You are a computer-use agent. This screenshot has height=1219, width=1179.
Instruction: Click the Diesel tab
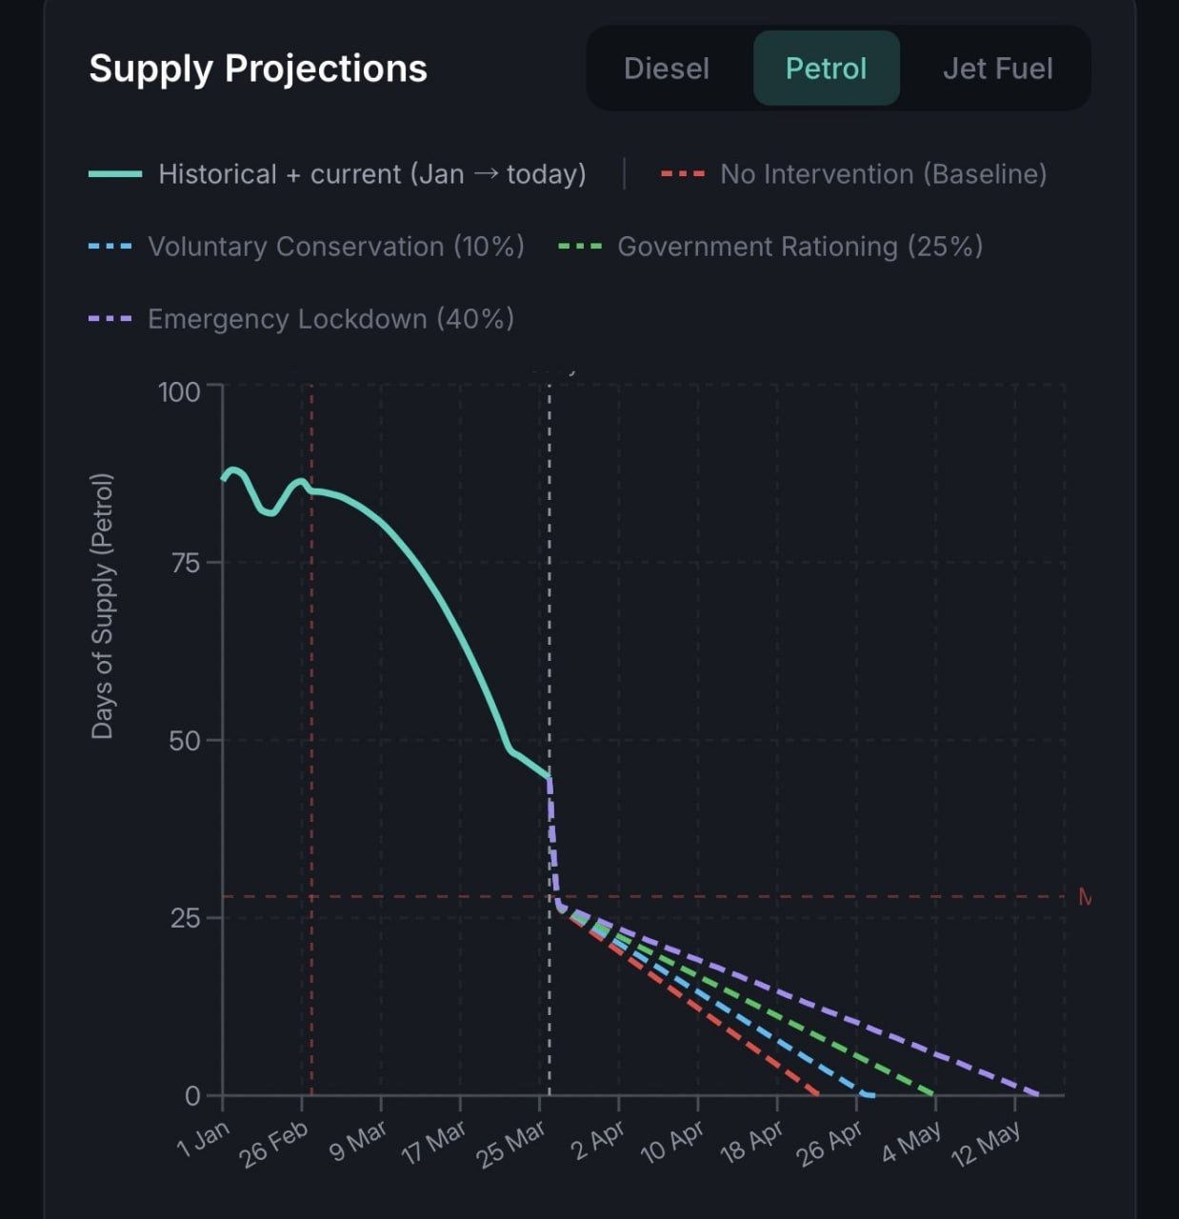(x=666, y=69)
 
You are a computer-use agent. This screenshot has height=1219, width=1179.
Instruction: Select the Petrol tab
(x=826, y=69)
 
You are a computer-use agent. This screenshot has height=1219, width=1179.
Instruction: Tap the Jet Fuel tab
(x=997, y=69)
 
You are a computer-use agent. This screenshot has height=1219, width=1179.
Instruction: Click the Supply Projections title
(x=258, y=69)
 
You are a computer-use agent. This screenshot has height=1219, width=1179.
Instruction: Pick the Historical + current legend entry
(x=371, y=174)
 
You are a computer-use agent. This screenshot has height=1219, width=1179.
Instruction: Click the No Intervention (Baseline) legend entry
(x=883, y=174)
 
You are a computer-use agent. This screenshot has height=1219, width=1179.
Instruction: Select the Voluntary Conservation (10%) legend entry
(x=335, y=247)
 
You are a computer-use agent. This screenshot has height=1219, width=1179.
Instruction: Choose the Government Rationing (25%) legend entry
(x=799, y=247)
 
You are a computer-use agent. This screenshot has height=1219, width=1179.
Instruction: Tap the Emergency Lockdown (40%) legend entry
(x=330, y=319)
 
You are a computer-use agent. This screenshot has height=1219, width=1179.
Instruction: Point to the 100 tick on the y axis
(x=179, y=391)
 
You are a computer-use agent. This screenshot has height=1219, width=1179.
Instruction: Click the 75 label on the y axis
(x=185, y=563)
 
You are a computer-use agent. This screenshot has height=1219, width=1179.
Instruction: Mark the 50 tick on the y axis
(x=185, y=740)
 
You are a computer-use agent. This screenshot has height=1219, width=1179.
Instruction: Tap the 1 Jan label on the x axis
(x=204, y=1138)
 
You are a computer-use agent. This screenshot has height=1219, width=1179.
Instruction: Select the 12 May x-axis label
(x=986, y=1143)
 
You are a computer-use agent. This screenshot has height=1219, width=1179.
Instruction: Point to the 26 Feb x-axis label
(x=274, y=1143)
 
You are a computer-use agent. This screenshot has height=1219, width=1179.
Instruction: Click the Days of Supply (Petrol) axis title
(x=102, y=606)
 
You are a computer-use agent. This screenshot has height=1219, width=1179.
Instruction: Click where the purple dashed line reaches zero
(x=1038, y=1094)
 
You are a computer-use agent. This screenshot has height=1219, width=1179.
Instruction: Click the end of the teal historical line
(x=550, y=777)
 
